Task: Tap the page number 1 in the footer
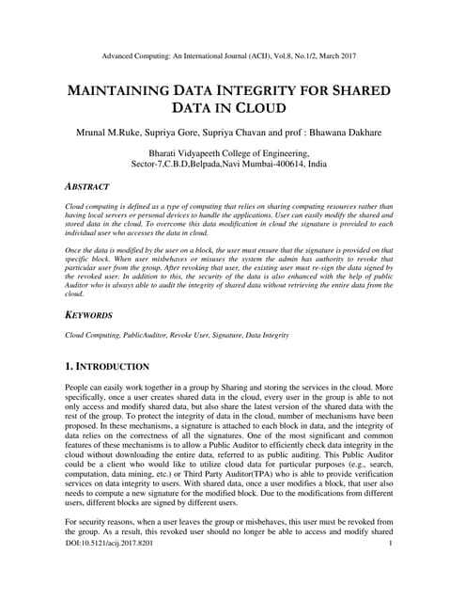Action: pyautogui.click(x=389, y=570)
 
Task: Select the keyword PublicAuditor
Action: pyautogui.click(x=142, y=334)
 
